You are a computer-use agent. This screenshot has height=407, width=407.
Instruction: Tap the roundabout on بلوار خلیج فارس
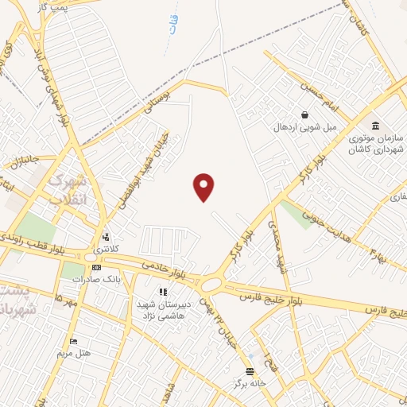pos(212,284)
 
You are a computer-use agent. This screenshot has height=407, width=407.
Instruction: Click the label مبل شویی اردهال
pos(306,127)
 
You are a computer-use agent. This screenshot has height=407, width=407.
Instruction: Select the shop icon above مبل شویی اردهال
pos(305,114)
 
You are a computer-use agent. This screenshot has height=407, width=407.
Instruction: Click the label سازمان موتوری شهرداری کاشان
pos(377,143)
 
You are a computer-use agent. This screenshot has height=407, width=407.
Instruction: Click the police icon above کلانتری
pos(106,236)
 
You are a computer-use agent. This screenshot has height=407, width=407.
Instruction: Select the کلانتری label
pos(109,250)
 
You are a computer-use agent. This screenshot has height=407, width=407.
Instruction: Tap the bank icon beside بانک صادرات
pos(97,266)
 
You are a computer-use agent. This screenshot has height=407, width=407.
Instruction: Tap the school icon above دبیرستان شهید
pos(163,292)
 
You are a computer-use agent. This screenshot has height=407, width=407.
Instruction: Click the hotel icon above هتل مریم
pos(74,341)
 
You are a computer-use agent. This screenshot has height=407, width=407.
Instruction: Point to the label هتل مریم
pos(74,352)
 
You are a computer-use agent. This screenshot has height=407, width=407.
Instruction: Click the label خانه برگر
pos(247,383)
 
